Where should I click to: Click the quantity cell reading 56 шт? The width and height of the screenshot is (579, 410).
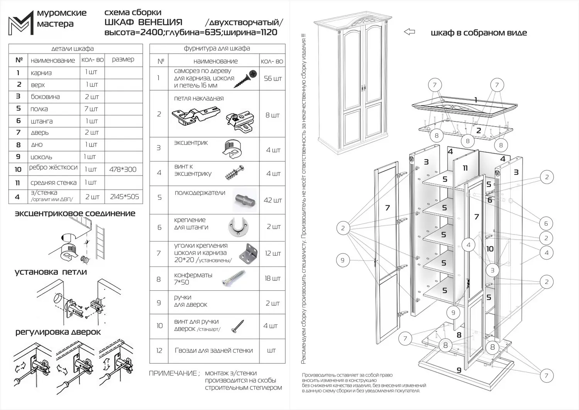273,79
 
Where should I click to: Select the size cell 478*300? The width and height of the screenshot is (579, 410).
123,169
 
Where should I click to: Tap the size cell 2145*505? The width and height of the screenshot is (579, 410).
124,197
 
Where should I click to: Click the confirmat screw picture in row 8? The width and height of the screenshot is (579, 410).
234,278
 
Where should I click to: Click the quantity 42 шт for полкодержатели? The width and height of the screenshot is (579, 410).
273,200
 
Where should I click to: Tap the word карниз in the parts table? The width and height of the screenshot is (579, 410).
41,73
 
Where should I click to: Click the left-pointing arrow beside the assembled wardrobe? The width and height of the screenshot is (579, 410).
409,32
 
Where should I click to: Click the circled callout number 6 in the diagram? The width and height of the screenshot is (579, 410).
546,223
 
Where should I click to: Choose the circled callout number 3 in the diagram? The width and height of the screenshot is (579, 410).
492,270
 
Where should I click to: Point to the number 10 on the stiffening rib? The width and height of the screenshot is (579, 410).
490,249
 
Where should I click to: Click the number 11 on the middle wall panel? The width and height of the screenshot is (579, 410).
465,168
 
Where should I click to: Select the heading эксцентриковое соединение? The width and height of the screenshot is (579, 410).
75,214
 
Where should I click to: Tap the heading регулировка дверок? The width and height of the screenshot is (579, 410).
58,332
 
